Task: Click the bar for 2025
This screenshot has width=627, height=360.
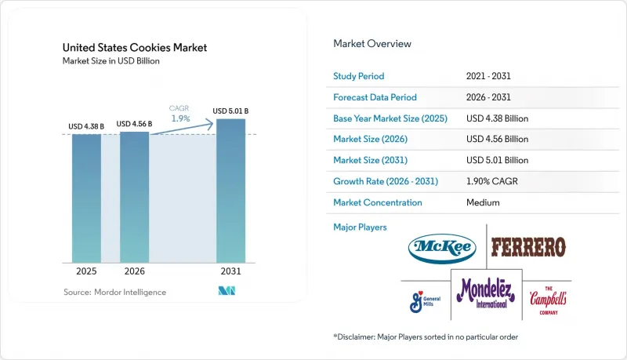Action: coord(86,198)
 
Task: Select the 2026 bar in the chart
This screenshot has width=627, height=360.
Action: coord(134,197)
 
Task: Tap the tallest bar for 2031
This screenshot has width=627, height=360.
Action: coord(230,191)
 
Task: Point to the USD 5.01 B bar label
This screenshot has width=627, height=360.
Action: coord(230,111)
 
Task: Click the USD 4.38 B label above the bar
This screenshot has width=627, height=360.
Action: coord(86,126)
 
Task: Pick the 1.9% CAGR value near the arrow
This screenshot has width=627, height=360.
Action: coord(181,118)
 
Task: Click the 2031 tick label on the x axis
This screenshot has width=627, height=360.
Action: coord(230,271)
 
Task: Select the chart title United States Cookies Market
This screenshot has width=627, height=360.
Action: coord(135,48)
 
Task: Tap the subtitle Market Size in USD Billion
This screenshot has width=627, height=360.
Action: coord(111,61)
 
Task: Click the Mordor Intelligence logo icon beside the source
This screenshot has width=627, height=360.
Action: coord(227,291)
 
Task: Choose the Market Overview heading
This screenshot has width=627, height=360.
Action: coord(372,44)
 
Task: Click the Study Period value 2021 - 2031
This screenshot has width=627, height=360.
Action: coord(488,76)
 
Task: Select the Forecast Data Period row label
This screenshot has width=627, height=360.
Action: coord(375,97)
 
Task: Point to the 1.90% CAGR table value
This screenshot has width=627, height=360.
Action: coord(492,181)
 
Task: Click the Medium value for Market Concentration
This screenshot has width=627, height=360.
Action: coord(483,202)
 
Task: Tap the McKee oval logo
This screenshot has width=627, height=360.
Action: coord(442,249)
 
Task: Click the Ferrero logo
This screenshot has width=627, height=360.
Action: coord(528,247)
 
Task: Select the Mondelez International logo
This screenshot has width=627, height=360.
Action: coord(486,293)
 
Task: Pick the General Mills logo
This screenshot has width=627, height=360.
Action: coord(425,302)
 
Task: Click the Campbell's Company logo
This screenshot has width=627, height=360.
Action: coord(548,300)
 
